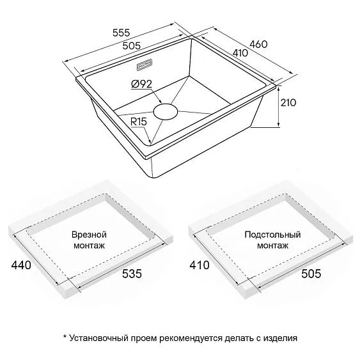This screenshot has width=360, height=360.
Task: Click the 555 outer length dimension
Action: (121, 33)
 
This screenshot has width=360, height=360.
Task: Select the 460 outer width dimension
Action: (258, 44)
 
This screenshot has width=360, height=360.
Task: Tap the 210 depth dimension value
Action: (288, 102)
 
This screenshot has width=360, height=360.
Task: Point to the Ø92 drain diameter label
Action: (142, 84)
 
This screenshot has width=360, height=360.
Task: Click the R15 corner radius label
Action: (139, 121)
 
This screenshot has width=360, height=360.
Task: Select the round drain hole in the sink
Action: (166, 112)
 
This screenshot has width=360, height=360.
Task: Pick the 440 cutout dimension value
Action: (21, 265)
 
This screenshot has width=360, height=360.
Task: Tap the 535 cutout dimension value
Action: (132, 274)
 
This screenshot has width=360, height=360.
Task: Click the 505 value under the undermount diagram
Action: (311, 274)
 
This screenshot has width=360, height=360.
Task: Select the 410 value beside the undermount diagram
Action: (200, 265)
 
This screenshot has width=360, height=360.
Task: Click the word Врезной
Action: (89, 235)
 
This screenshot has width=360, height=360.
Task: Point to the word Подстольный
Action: (272, 235)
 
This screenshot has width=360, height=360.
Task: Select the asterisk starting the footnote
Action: (65, 337)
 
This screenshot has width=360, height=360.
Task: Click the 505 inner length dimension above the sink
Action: (131, 46)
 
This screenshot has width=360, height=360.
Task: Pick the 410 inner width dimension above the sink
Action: (240, 53)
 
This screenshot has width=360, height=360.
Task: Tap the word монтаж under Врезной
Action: (89, 246)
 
